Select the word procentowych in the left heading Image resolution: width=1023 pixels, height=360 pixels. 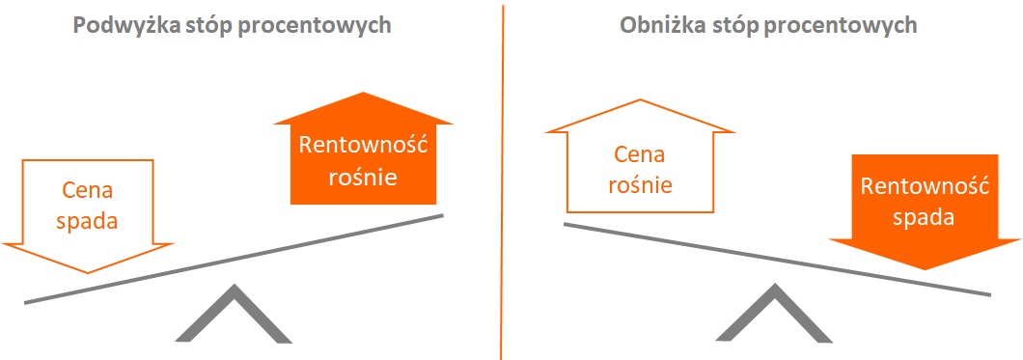(x=327, y=26)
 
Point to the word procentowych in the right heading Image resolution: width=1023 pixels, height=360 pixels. (x=853, y=26)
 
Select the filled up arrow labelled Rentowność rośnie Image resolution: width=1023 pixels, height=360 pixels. (x=362, y=154)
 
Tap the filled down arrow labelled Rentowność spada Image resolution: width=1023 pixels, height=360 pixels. (x=924, y=208)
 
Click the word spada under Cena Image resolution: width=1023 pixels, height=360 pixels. (x=86, y=221)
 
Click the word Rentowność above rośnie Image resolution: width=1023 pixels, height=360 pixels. (x=362, y=146)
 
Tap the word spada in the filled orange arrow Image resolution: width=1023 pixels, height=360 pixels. (x=924, y=218)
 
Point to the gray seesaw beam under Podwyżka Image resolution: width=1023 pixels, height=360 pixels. (x=234, y=258)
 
